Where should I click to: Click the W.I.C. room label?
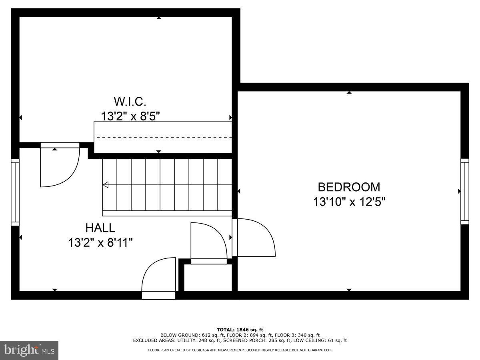click(127, 101)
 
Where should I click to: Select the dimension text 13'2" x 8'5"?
click(130, 116)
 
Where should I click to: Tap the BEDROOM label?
click(349, 187)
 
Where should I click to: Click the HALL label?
click(100, 228)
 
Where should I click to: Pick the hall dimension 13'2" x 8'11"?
click(100, 243)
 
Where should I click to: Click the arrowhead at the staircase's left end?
click(106, 185)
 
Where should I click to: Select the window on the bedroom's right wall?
click(464, 191)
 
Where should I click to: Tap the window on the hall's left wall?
click(15, 192)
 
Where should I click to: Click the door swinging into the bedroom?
click(254, 238)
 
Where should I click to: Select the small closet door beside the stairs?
click(209, 242)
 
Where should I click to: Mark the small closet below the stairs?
click(208, 278)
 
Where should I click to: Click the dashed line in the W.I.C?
click(164, 137)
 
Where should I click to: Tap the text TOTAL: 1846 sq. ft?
click(240, 329)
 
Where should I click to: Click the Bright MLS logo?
click(29, 350)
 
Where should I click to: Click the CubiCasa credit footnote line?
click(240, 350)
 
